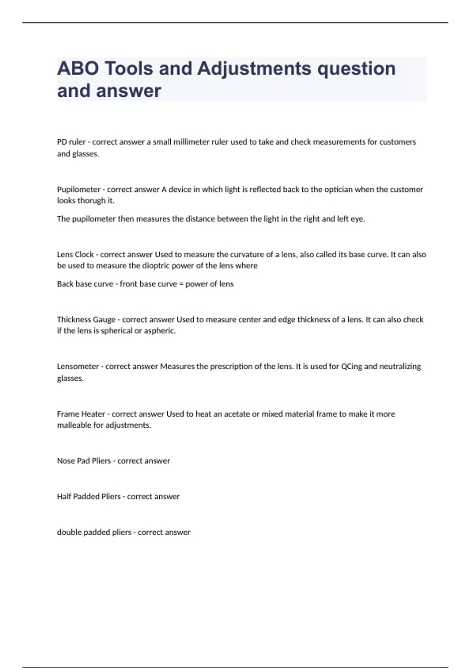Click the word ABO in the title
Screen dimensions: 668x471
point(78,69)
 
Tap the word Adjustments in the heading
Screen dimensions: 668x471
point(254,69)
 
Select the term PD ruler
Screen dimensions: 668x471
point(71,142)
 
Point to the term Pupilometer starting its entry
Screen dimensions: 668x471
point(78,189)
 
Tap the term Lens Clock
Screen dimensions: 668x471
point(75,254)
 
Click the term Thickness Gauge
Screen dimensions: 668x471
point(86,319)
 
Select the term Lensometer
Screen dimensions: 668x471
point(78,366)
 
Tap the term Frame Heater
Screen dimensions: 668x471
point(81,414)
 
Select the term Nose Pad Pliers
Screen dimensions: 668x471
point(84,461)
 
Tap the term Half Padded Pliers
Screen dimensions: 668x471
point(89,496)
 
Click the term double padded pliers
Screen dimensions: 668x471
point(94,532)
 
